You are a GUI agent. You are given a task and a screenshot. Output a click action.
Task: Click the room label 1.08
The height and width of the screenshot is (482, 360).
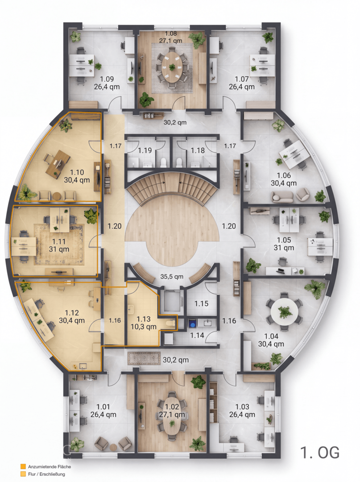[x=171, y=33]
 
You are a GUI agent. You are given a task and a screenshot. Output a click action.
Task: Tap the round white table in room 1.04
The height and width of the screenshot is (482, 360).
[x=284, y=312]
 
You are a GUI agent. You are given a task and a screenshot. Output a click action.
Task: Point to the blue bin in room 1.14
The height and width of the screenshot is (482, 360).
[x=192, y=324]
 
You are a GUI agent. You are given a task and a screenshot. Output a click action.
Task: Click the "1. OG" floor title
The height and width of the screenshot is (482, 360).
[x=320, y=453]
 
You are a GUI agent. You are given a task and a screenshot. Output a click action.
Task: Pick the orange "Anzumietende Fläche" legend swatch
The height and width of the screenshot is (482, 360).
[x=23, y=467]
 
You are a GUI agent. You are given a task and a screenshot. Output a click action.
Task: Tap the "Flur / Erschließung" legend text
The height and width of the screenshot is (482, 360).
[x=47, y=474]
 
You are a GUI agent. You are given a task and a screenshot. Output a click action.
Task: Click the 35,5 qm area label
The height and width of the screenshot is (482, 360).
[x=172, y=277]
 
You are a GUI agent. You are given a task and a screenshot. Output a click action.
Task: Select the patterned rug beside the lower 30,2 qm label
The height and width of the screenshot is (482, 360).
[x=144, y=358]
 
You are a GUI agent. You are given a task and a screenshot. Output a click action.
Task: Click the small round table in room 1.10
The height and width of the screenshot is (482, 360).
[x=56, y=196]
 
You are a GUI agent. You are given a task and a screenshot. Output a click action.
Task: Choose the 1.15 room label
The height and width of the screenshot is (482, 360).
[x=201, y=304]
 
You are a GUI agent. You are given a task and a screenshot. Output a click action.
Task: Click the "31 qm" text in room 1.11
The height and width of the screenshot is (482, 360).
[x=59, y=249]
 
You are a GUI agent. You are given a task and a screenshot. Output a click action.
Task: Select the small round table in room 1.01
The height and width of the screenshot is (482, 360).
[x=113, y=447]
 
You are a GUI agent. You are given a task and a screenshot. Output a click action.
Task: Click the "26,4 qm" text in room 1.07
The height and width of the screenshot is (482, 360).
[x=242, y=87]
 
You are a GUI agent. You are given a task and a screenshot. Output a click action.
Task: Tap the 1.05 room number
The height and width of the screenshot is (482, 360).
[x=284, y=240]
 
